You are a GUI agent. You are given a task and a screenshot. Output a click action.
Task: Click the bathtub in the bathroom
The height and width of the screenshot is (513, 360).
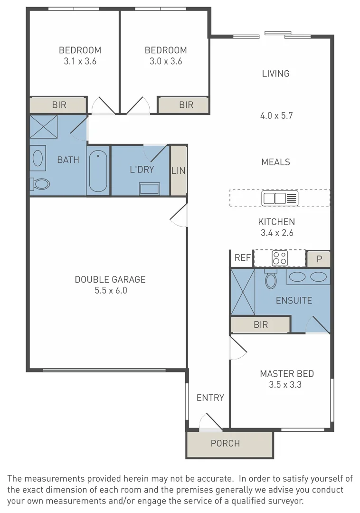(x=98, y=171)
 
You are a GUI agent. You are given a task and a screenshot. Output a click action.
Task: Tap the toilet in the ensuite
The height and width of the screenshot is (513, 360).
(x=271, y=279)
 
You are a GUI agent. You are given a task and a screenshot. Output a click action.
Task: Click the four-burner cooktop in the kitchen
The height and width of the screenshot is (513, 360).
(x=279, y=258)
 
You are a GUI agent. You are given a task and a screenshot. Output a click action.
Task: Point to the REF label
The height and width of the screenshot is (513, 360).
(x=242, y=258)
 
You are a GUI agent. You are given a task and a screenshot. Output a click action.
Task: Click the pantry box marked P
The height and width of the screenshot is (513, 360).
(x=319, y=259)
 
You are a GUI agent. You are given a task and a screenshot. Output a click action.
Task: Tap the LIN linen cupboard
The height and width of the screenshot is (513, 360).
(x=179, y=171)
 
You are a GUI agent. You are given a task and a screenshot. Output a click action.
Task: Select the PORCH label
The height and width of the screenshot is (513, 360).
(x=225, y=443)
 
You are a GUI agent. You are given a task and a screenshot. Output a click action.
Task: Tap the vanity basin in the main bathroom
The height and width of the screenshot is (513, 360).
(x=38, y=158)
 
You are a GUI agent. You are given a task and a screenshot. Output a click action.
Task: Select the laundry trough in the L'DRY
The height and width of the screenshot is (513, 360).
(x=149, y=188)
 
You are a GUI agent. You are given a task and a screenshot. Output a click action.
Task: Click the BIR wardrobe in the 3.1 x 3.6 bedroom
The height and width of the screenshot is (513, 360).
(x=59, y=105)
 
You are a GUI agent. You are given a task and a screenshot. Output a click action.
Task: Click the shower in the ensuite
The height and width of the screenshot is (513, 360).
(x=243, y=292)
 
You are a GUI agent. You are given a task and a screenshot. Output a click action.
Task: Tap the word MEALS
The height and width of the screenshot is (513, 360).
(x=275, y=162)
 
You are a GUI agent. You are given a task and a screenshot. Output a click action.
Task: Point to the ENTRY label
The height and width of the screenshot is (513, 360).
(x=210, y=398)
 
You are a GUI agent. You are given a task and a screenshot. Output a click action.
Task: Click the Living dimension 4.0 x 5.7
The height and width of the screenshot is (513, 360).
(x=275, y=115)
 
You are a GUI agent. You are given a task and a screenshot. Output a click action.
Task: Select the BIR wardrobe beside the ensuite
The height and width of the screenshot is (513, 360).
(x=260, y=325)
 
